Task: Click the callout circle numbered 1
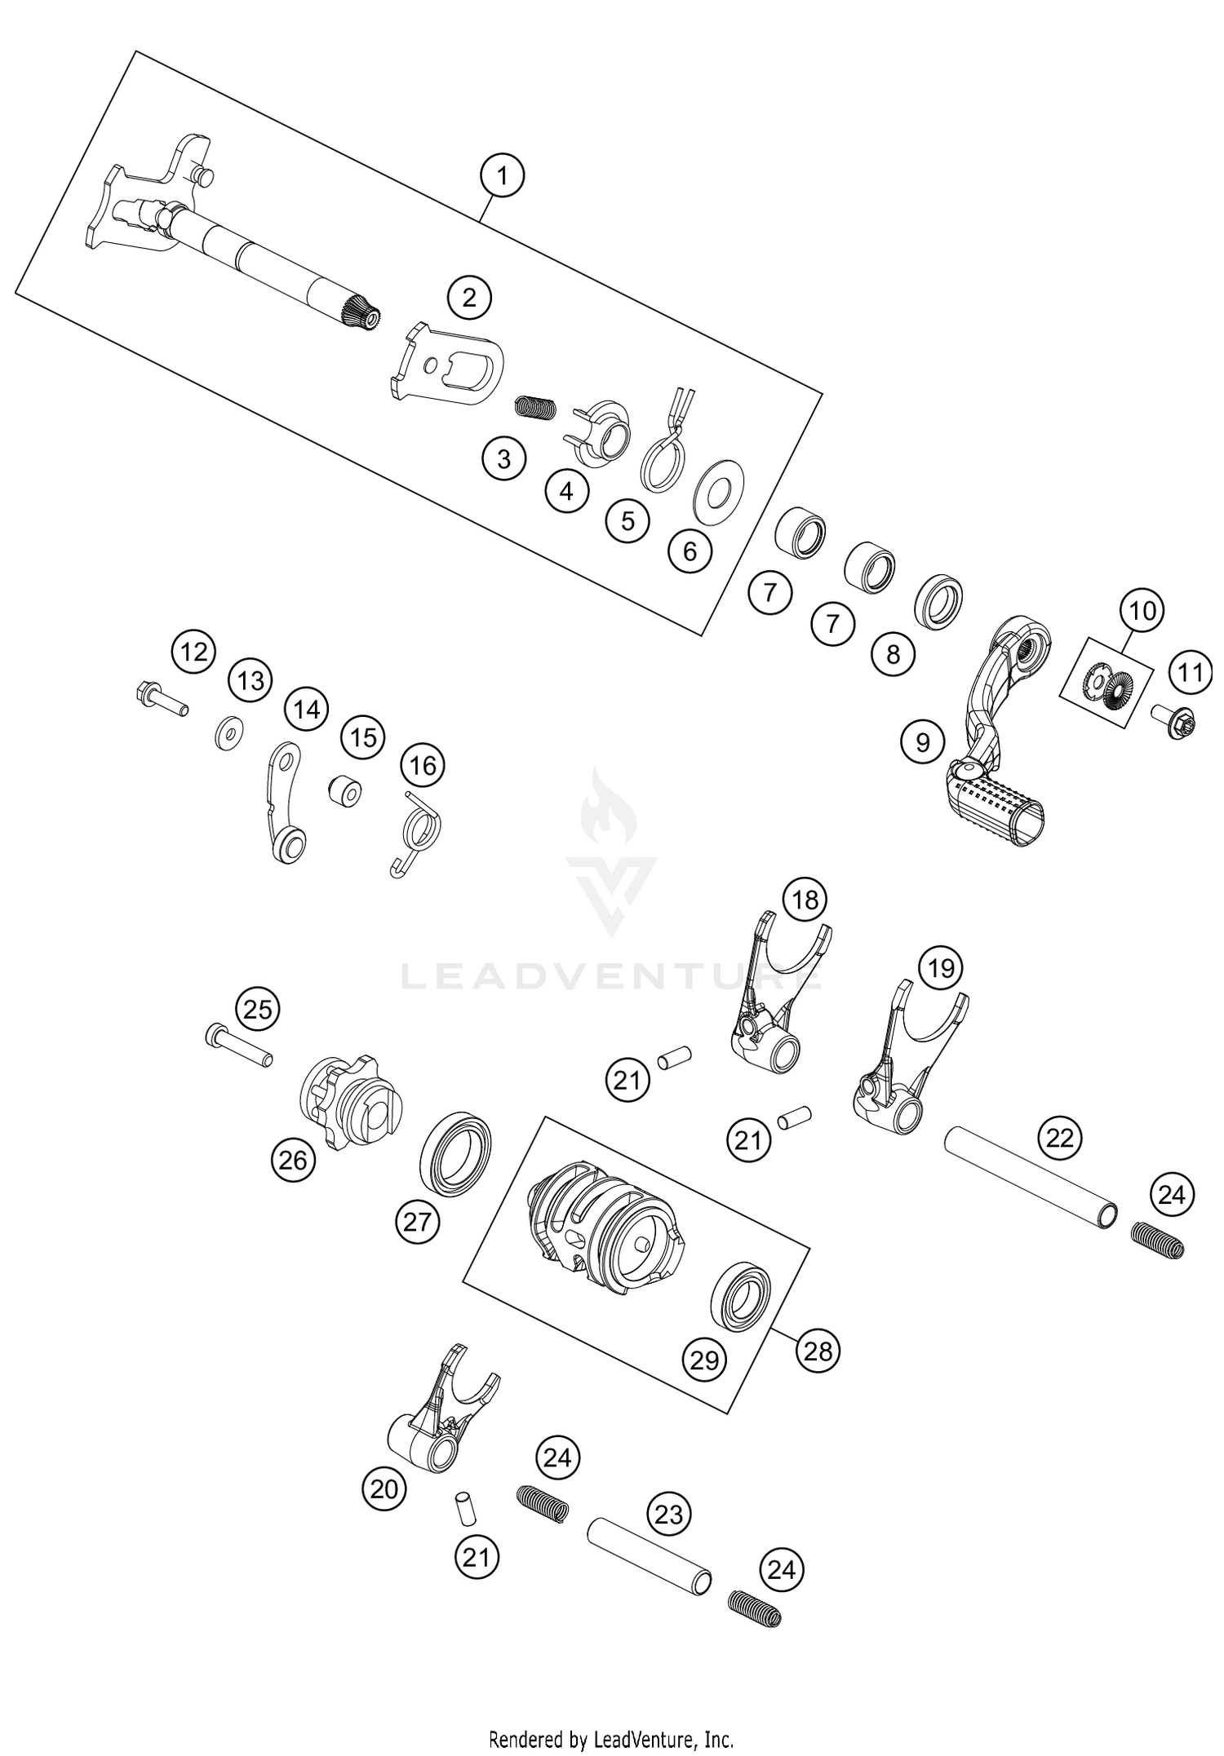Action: (502, 176)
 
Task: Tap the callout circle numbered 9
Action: (923, 741)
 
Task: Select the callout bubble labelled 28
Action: (818, 1351)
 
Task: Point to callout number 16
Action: (423, 765)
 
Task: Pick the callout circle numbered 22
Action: (1059, 1137)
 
